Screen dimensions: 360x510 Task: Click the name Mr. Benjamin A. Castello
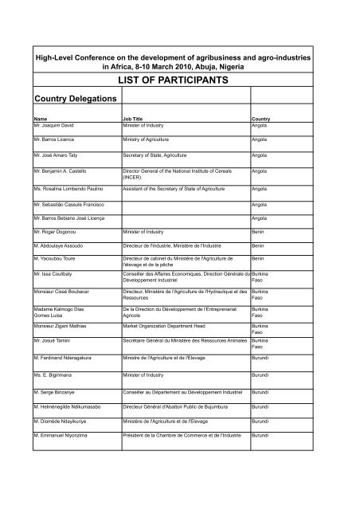pos(60,171)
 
